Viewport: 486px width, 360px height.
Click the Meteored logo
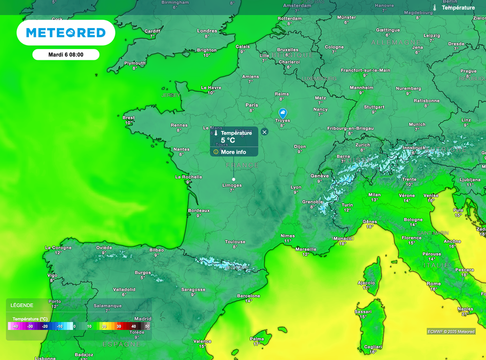(x=65, y=33)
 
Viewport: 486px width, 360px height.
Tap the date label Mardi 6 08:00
(x=65, y=55)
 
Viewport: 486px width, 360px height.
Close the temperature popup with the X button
(x=264, y=132)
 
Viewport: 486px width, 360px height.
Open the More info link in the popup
(x=233, y=152)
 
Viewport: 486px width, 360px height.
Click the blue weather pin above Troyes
(x=282, y=113)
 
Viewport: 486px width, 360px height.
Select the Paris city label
(x=252, y=105)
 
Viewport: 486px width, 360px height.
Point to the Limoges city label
(x=232, y=185)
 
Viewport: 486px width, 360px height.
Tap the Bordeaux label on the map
(x=199, y=210)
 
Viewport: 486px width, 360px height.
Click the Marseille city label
(x=306, y=249)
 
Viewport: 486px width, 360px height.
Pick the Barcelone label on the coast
(x=249, y=296)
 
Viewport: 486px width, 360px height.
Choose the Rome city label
(x=434, y=284)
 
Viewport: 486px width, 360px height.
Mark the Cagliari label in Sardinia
(x=373, y=347)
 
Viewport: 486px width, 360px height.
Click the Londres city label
(x=207, y=31)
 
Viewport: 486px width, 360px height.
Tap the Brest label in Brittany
(x=129, y=118)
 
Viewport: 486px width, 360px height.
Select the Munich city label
(x=417, y=124)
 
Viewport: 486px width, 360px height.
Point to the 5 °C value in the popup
(x=228, y=141)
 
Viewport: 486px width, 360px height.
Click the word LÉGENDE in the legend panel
(x=22, y=305)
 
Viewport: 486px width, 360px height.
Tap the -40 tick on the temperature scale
(x=15, y=327)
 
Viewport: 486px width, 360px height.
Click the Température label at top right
(x=458, y=8)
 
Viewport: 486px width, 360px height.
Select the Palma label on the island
(x=257, y=339)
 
